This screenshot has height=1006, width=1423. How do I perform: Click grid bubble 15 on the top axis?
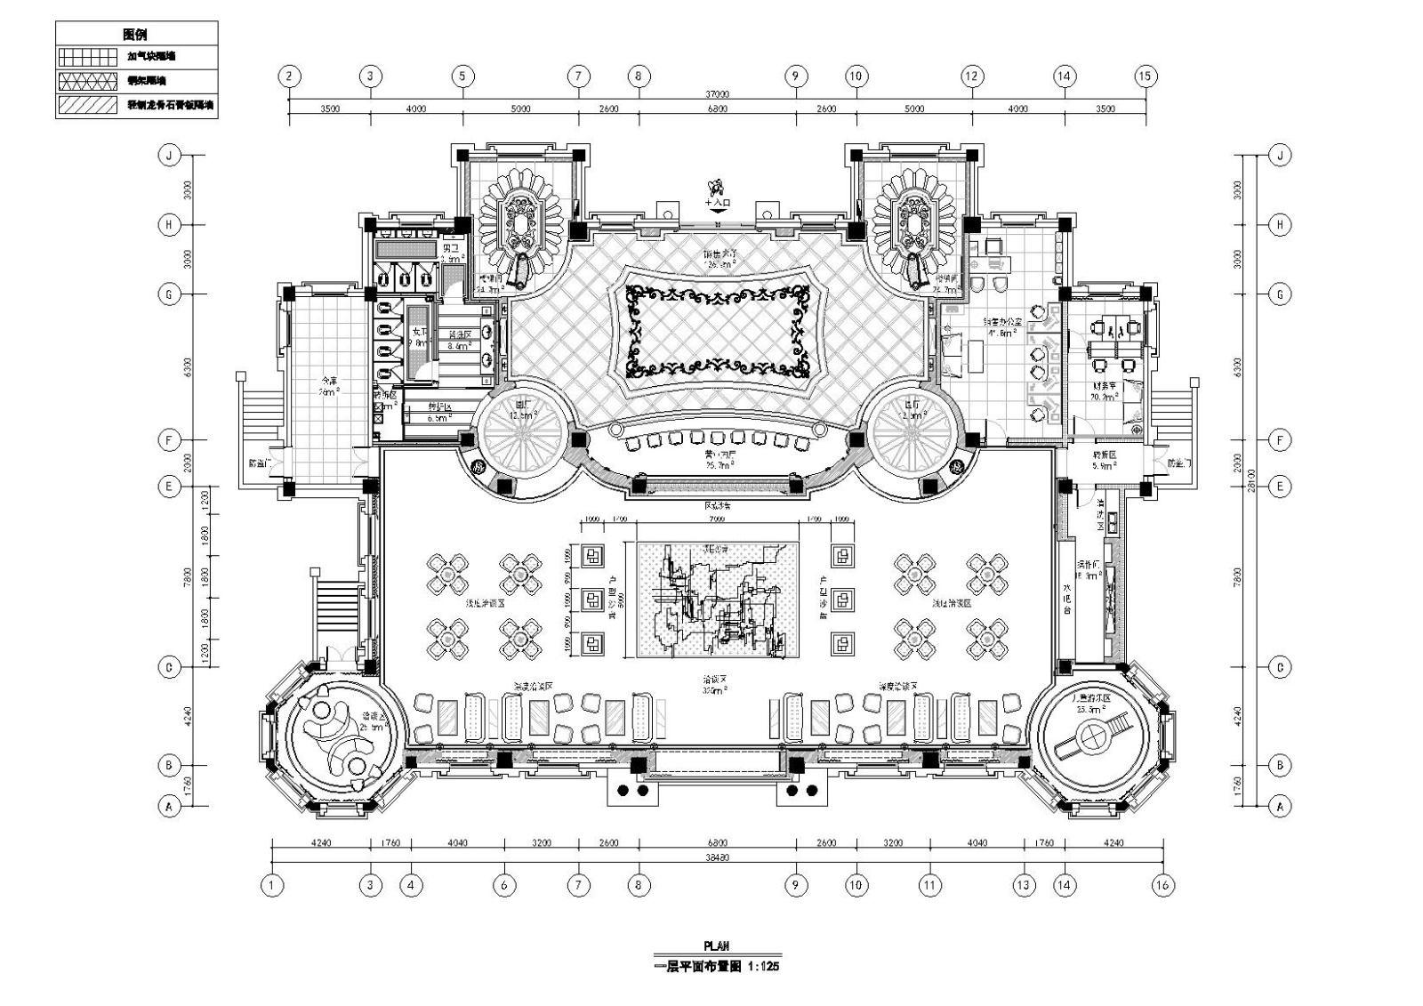coord(1145,76)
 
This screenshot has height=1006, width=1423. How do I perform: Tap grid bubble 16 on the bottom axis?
coord(1162,885)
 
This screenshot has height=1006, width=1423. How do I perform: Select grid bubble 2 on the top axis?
coord(289,76)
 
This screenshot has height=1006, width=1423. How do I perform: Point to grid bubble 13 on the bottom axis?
coord(1024,885)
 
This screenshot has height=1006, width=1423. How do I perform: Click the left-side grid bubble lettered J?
coord(169,156)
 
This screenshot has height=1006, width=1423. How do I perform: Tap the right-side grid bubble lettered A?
coord(1280,807)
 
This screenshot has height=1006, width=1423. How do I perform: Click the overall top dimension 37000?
coord(717,93)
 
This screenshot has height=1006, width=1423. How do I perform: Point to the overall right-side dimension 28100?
coord(1252,480)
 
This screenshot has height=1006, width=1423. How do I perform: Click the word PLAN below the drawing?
coord(717,947)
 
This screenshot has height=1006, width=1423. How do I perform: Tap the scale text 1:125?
coord(763,966)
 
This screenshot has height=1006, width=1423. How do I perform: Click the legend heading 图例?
coord(135,34)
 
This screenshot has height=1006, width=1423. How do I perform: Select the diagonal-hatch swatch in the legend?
coord(86,105)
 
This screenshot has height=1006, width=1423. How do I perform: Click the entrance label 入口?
coord(720,203)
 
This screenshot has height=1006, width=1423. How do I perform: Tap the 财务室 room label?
coord(1105,386)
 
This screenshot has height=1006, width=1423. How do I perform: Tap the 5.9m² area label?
coord(1105,464)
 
